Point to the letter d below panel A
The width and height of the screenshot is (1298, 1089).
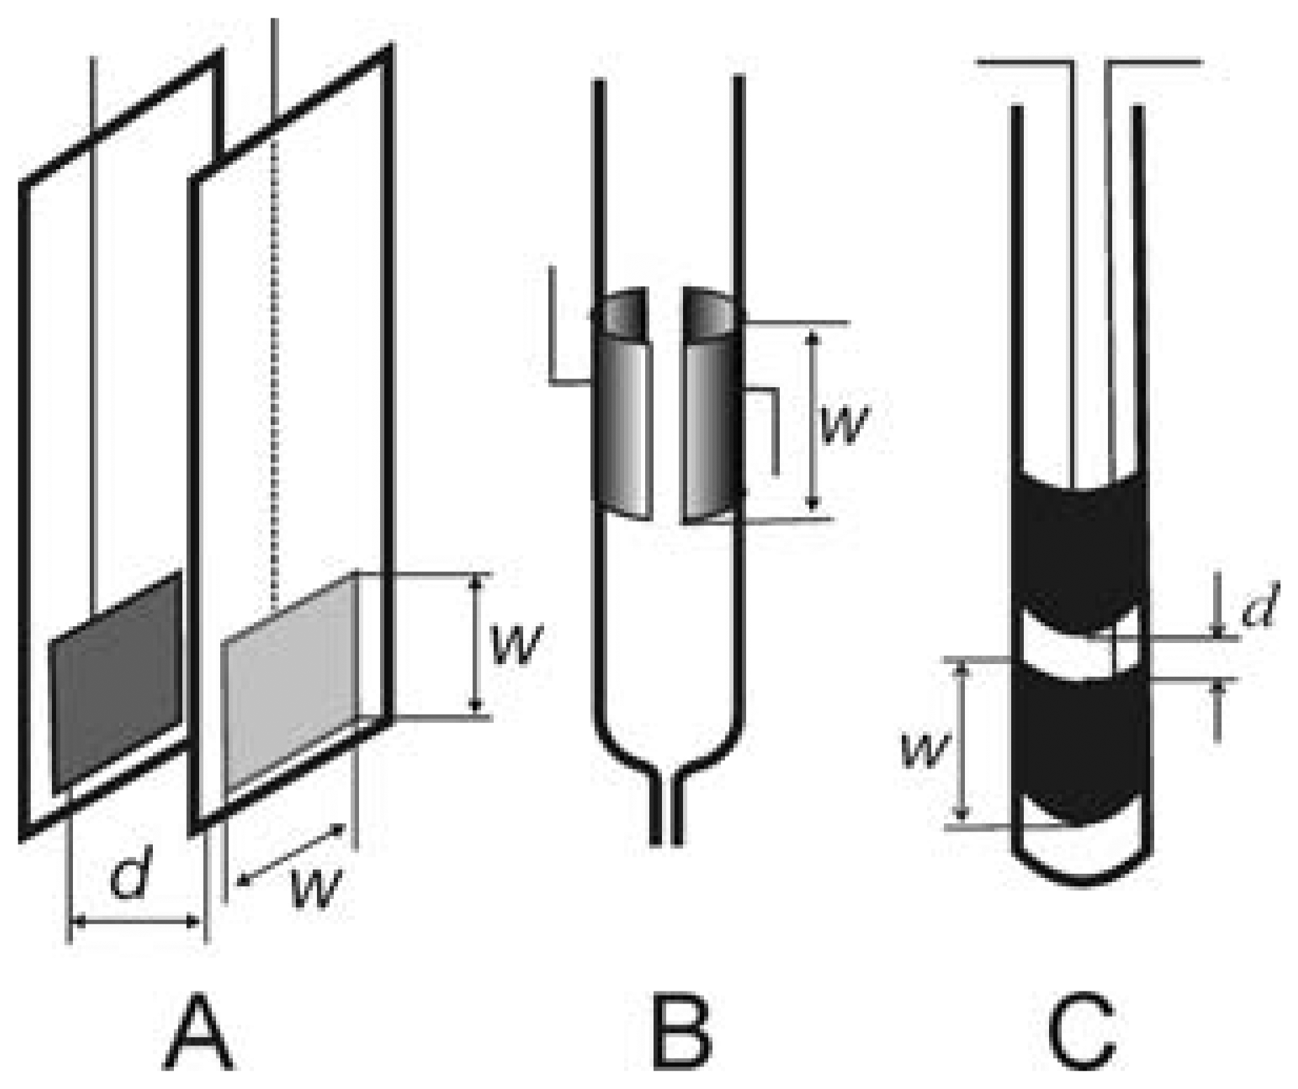coord(133,874)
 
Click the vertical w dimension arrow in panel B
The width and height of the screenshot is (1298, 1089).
coord(813,421)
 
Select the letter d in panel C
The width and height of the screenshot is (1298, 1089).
coord(1259,605)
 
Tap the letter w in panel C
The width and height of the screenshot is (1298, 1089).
coord(924,750)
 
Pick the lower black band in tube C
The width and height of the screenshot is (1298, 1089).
coord(1080,743)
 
